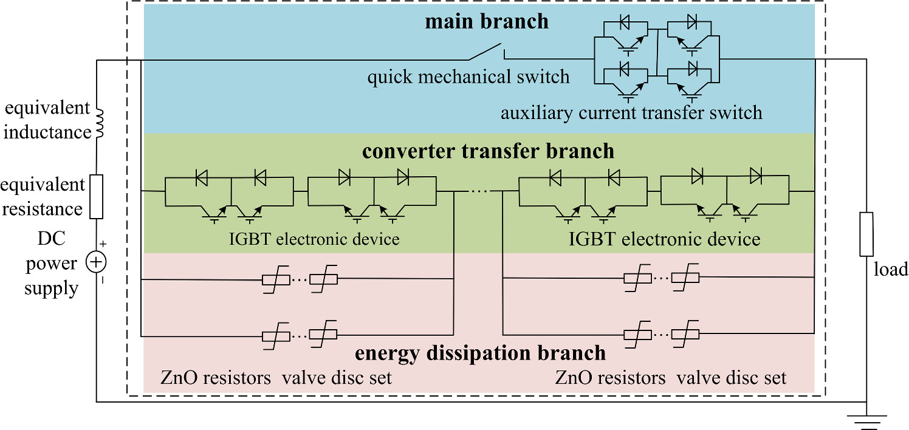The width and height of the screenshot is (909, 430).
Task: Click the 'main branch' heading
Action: (486, 22)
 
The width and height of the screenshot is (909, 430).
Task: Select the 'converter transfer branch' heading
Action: (488, 151)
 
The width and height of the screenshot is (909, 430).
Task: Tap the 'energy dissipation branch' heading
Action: (479, 353)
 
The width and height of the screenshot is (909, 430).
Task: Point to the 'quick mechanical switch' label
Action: (468, 77)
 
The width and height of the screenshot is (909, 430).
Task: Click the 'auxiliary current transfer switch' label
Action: (631, 113)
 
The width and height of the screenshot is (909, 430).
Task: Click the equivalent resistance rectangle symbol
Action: (97, 196)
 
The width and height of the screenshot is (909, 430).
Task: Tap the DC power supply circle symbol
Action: (97, 262)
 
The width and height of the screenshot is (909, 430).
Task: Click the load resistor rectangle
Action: (866, 234)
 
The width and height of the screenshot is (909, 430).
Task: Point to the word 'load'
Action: (890, 269)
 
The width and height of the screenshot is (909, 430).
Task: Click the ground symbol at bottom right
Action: (866, 418)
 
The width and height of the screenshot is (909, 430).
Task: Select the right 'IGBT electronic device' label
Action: (664, 239)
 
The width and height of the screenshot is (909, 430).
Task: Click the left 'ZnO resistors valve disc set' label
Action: (276, 378)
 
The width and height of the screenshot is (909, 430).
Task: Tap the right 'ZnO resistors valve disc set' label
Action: (671, 378)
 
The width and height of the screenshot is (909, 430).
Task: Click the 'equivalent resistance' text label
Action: (42, 196)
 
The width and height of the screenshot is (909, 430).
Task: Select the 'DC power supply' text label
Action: (51, 264)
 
